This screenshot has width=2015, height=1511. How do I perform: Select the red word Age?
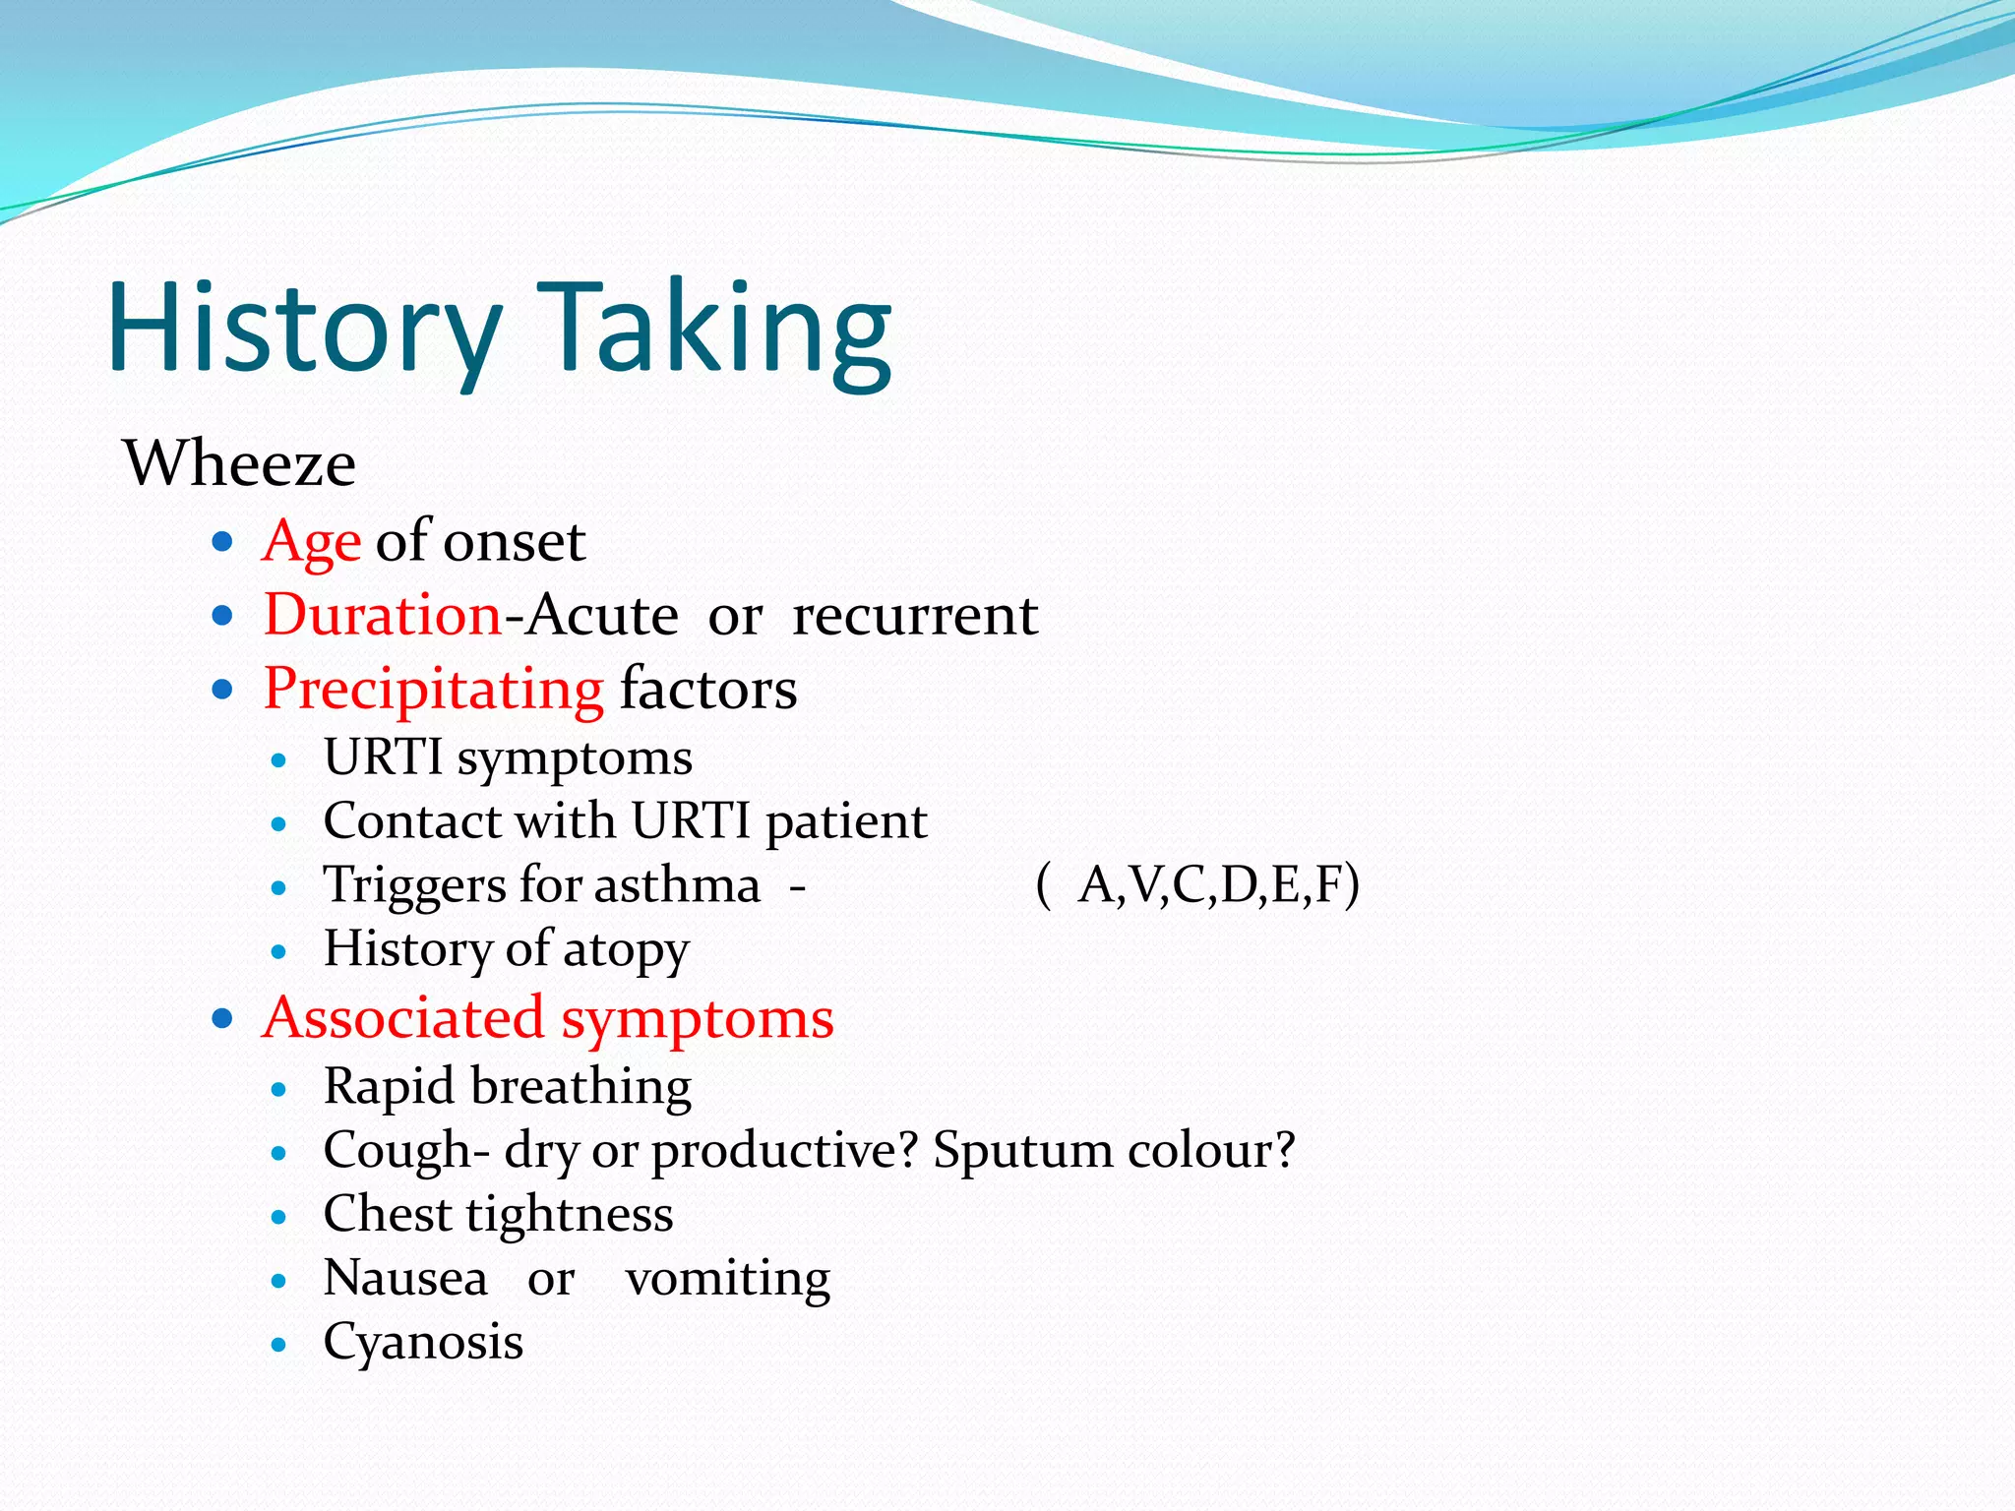tap(312, 542)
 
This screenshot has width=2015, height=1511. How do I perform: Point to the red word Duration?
tap(383, 616)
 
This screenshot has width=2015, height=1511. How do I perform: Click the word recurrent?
tap(915, 616)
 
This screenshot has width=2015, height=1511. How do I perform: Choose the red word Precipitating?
tap(434, 689)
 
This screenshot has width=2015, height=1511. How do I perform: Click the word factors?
tap(708, 689)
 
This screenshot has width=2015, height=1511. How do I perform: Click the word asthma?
tap(677, 884)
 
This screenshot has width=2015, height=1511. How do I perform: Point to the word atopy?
tap(626, 950)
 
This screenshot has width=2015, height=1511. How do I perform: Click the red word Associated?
tap(403, 1017)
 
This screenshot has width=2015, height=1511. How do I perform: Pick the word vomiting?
tap(728, 1279)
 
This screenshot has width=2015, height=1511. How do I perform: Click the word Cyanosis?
tap(423, 1342)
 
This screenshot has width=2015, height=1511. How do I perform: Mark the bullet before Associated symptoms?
tap(222, 1017)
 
